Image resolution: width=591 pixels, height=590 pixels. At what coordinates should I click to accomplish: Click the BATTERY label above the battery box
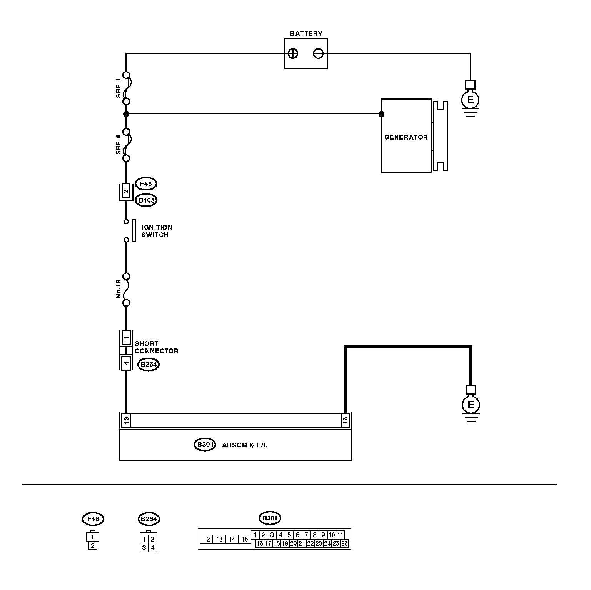tap(306, 33)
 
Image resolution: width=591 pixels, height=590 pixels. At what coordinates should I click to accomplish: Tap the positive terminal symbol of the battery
tap(293, 53)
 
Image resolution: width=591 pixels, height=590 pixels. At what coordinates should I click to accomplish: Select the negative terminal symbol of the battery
tap(318, 53)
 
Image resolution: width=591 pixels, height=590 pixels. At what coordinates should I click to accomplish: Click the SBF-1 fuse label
tap(119, 88)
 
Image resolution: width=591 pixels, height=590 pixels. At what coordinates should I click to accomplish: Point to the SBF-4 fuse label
tap(119, 145)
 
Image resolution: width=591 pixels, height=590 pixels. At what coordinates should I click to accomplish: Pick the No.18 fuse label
tap(119, 289)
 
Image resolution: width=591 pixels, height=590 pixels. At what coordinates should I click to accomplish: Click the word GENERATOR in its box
tap(406, 137)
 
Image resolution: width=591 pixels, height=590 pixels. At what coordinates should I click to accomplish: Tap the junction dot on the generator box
tap(381, 114)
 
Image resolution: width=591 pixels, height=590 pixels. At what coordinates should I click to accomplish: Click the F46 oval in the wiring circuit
tap(146, 184)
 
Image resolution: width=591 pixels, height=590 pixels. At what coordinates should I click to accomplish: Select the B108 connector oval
tap(146, 200)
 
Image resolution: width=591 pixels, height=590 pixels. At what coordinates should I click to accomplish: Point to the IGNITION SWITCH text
tap(157, 231)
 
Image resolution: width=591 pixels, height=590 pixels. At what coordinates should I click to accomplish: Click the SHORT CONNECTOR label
tap(156, 347)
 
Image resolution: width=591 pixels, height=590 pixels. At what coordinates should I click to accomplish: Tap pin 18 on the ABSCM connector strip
tap(126, 420)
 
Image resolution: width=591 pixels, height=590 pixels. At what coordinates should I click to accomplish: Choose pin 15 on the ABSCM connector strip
tap(345, 420)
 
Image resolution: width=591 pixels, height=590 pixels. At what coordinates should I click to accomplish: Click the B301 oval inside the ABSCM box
tap(204, 445)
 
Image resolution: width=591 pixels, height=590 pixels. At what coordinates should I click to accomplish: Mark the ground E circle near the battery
tap(470, 100)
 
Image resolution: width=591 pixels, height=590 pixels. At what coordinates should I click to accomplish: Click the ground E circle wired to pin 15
tap(471, 405)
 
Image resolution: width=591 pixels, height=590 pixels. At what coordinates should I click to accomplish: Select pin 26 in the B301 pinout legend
tap(344, 543)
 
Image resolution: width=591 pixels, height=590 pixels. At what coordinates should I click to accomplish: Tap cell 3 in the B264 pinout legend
tap(144, 547)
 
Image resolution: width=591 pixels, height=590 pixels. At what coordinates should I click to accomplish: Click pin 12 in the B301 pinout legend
tap(207, 539)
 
